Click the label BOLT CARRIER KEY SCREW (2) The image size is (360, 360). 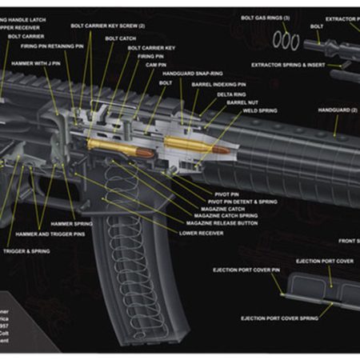pyautogui.click(x=108, y=26)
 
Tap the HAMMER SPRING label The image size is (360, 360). pyautogui.click(x=72, y=225)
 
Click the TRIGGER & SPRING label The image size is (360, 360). pyautogui.click(x=26, y=250)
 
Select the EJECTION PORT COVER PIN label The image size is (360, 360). pyautogui.click(x=247, y=270)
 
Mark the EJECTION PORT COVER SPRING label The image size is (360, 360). pyautogui.click(x=279, y=318)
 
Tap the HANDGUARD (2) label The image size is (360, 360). pyautogui.click(x=337, y=109)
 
